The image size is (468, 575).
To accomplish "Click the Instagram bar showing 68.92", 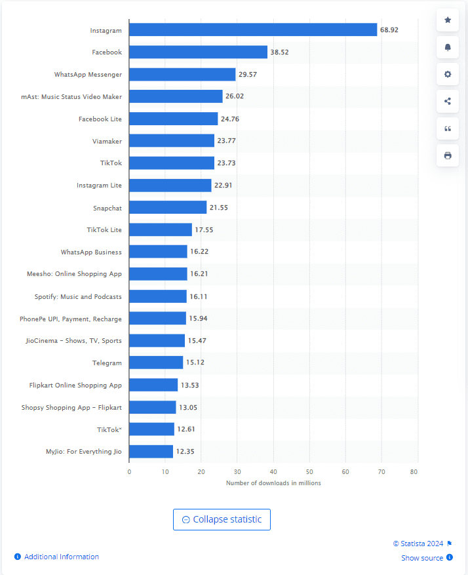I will tap(253, 30).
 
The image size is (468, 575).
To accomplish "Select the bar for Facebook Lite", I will tap(173, 119).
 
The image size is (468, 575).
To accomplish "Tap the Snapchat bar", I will tap(168, 207).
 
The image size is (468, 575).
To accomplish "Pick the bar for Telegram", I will tap(156, 363).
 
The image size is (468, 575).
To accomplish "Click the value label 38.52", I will tap(280, 52).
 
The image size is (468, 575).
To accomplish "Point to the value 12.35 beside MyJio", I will tap(185, 452).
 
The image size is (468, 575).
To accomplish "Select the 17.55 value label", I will tap(205, 229).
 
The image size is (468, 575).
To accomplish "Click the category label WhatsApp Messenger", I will tap(88, 74).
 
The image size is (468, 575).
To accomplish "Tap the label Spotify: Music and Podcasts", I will tap(78, 296).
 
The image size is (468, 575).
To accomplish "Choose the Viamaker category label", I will tap(107, 141).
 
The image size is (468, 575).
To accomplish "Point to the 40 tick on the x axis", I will tap(273, 471).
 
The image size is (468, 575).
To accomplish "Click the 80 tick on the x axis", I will tap(414, 471).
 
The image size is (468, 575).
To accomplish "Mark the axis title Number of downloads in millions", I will tap(273, 483).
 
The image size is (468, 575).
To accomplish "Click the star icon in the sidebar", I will tap(448, 20).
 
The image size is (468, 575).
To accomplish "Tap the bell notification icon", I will tap(448, 47).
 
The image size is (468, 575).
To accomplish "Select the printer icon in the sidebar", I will tap(448, 155).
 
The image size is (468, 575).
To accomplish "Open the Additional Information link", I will tap(61, 557).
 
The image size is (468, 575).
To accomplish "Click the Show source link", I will tap(422, 558).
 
